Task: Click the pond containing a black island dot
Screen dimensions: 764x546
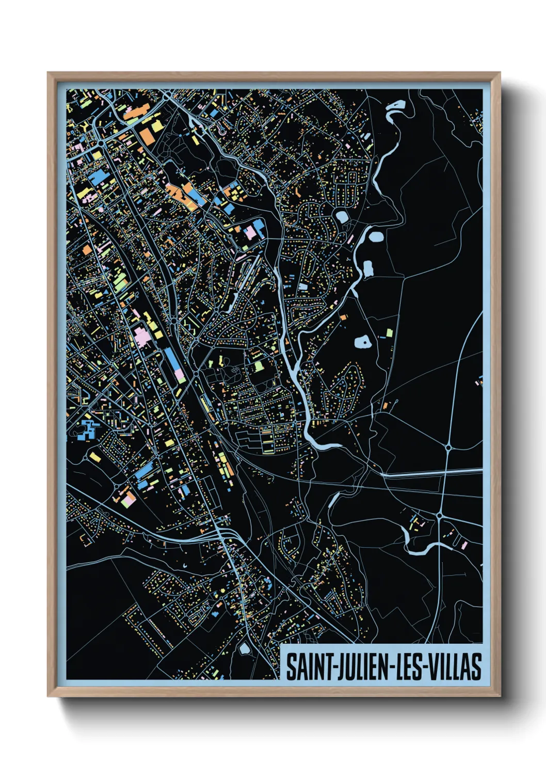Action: [x=363, y=341]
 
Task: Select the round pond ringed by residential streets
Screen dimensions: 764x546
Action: [x=342, y=216]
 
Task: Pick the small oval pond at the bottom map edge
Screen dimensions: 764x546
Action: [x=244, y=649]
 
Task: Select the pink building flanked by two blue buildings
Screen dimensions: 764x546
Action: [x=251, y=231]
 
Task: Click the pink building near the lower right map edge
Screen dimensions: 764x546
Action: [x=463, y=545]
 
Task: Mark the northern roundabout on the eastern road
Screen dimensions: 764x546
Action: [x=448, y=448]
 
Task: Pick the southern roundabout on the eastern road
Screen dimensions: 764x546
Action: [x=439, y=515]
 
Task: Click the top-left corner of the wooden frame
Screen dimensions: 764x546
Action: [x=49, y=73]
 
